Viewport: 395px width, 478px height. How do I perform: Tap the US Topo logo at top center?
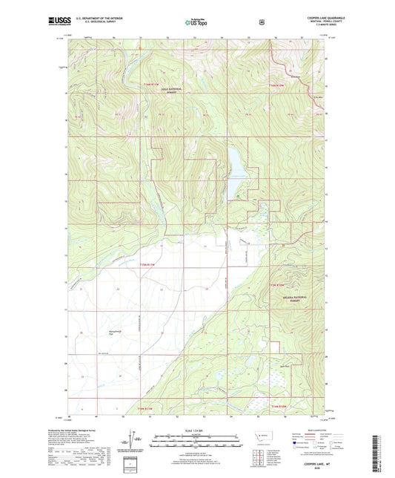point(196,22)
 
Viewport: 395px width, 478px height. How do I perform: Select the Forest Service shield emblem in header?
point(261,22)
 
